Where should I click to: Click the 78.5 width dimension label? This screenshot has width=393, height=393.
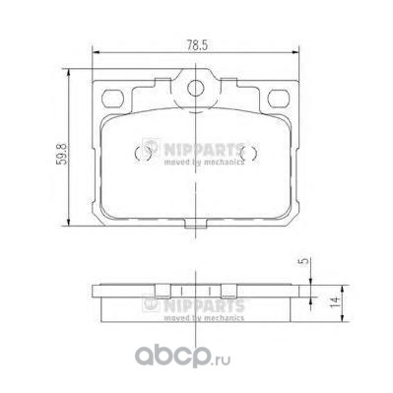pos(198,45)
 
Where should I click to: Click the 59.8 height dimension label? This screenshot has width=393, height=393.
pos(61,154)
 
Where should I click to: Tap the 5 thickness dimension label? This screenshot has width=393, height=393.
pos(305,261)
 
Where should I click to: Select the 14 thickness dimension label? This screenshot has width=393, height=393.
pos(334,301)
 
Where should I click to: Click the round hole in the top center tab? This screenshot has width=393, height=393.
pos(196,88)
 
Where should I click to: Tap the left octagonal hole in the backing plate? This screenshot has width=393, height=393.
pos(112,98)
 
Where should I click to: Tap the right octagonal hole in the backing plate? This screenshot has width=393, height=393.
pos(279,98)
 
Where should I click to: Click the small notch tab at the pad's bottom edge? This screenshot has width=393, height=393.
pos(196,225)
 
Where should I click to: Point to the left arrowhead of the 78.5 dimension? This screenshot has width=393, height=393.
pos(96,52)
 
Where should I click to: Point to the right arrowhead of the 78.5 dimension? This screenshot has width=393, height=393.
pos(295,52)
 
